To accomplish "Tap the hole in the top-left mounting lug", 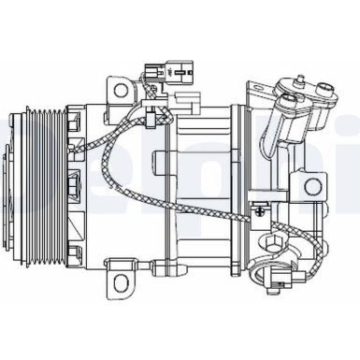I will [x=119, y=90].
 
